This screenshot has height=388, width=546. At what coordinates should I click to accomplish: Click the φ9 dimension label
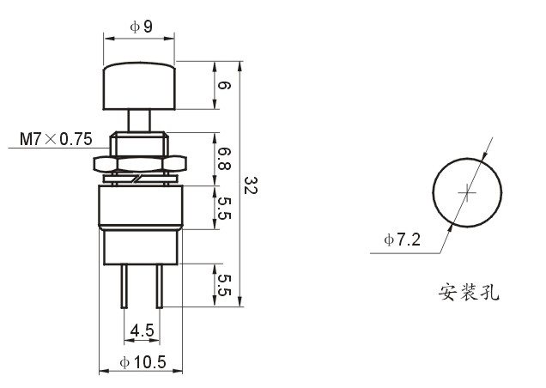tap(141, 27)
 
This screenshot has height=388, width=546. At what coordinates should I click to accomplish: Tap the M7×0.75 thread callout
tap(56, 138)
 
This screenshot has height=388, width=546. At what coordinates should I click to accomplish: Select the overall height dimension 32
tap(251, 185)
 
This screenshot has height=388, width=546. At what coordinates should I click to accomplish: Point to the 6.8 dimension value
tap(224, 159)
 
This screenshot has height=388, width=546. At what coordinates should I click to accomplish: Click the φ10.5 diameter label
tap(143, 362)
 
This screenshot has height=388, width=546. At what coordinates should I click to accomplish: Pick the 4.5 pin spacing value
tap(142, 330)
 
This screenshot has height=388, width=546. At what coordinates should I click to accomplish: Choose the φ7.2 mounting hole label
tap(402, 239)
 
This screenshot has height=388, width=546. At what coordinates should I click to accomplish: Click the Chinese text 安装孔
tap(469, 292)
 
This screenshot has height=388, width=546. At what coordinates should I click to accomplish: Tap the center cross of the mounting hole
tap(467, 192)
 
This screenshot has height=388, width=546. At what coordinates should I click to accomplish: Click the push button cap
tap(139, 86)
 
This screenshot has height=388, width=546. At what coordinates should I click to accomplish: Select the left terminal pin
tap(124, 287)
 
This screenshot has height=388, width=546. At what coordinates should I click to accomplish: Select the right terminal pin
tap(159, 287)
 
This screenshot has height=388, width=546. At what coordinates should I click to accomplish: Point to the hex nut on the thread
tap(140, 164)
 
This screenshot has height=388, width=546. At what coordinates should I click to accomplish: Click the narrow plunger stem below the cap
tap(139, 120)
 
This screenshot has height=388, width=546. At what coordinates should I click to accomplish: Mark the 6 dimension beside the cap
tap(224, 85)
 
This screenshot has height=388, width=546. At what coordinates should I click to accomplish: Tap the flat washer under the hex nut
tap(140, 179)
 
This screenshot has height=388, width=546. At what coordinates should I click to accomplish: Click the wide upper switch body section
tap(140, 206)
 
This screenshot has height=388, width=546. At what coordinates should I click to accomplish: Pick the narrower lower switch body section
tap(141, 247)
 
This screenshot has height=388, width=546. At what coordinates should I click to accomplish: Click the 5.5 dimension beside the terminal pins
tap(224, 285)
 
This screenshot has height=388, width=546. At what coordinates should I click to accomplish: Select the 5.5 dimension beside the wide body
tap(224, 208)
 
